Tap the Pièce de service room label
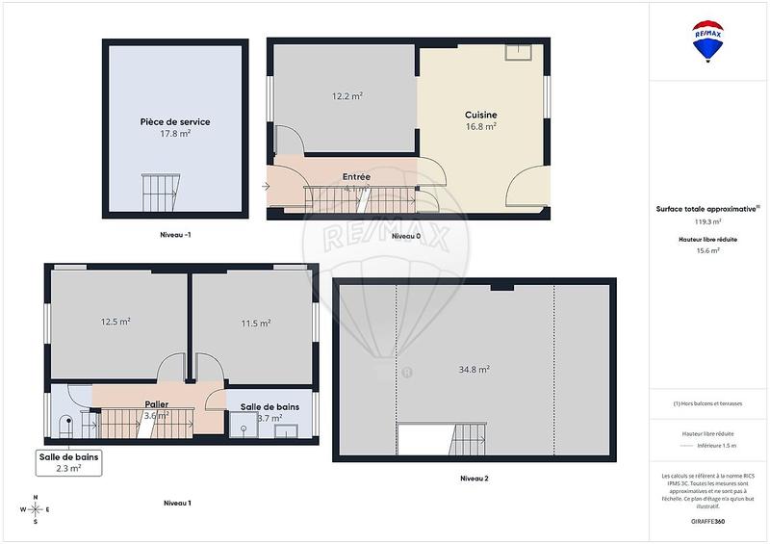pos(175,122)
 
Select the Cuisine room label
pos(480,115)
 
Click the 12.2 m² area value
pos(346,96)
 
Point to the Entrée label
pos(356,177)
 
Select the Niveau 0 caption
pos(405,235)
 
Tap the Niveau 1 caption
pos(177,503)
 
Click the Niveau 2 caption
pos(474,479)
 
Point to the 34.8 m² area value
pos(475,369)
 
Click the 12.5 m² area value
pos(115,322)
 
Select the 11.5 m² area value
pos(255,324)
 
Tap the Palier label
pos(157,404)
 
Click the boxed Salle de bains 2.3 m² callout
pos(68,462)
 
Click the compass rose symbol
pos(36,510)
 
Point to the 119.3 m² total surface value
pos(708,220)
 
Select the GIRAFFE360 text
pos(708,519)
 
